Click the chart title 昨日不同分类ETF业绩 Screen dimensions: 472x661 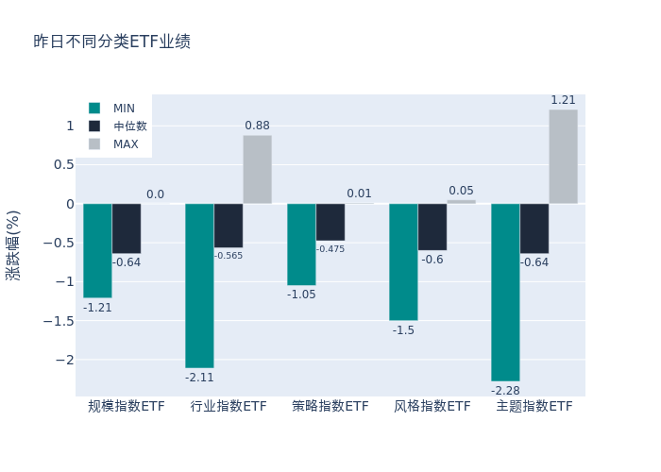[x=111, y=42]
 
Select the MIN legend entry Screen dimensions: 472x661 [x=124, y=109]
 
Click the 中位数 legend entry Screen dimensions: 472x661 [x=129, y=126]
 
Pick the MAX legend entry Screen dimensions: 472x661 [x=126, y=144]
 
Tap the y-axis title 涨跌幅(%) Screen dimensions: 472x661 [x=13, y=244]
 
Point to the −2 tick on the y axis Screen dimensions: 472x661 [x=63, y=360]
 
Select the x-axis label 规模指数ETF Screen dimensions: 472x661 [x=127, y=406]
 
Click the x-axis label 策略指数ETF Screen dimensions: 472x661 [x=330, y=406]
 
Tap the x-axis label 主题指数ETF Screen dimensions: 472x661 [x=534, y=406]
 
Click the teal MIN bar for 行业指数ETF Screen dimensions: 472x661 [x=199, y=285]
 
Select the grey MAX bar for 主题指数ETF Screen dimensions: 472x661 [x=563, y=157]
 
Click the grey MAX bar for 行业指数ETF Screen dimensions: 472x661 [x=257, y=170]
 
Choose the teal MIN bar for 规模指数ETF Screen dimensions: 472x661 [x=97, y=250]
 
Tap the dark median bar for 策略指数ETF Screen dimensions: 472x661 [x=330, y=222]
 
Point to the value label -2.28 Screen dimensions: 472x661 [x=505, y=390]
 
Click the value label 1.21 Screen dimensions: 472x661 [x=563, y=100]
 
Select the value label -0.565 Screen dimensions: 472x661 [x=229, y=256]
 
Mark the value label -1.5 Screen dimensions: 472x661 [x=403, y=330]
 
